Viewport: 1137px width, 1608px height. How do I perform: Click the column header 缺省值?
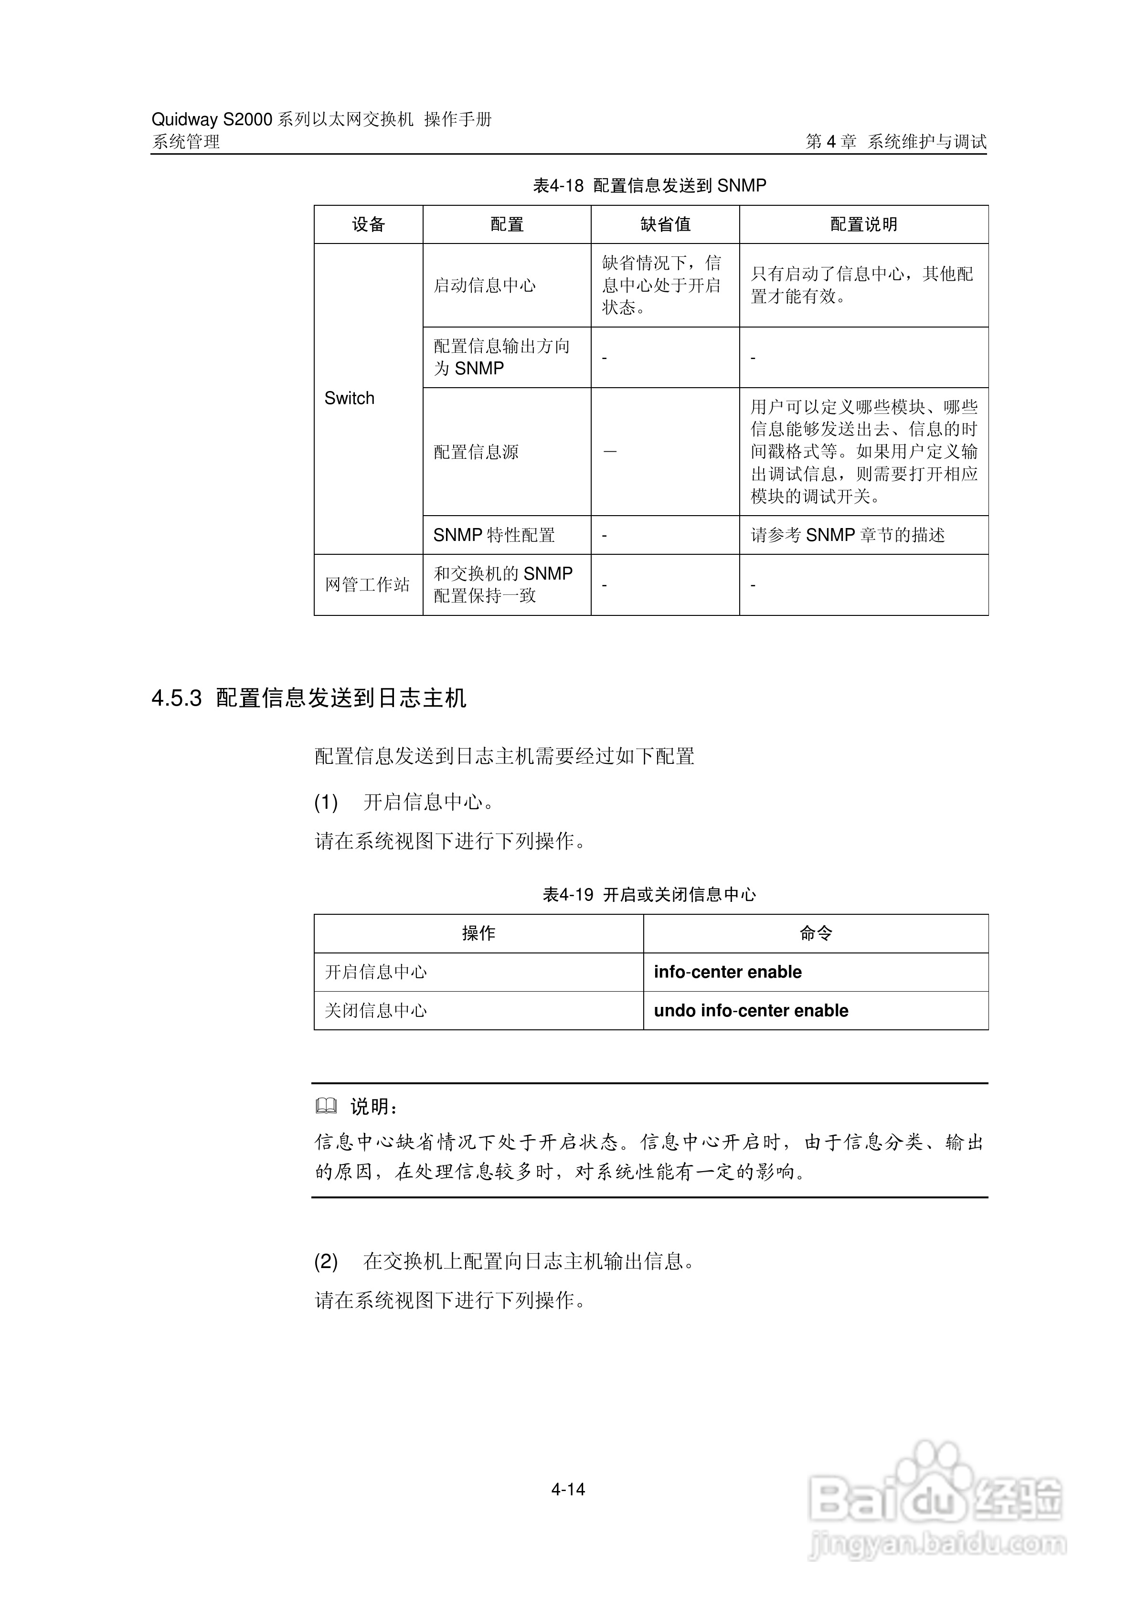(665, 224)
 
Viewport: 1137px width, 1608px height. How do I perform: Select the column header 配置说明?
(863, 224)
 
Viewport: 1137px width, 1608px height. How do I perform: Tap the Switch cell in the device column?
(349, 398)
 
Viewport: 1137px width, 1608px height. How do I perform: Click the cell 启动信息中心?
(484, 285)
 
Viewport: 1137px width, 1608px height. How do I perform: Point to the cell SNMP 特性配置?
(493, 535)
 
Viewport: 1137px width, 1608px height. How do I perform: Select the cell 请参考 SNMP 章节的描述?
(847, 535)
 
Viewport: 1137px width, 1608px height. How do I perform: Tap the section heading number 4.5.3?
(177, 698)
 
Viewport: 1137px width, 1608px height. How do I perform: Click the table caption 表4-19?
(567, 894)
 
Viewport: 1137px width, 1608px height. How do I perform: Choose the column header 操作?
(478, 933)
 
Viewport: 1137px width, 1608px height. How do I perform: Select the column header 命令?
(816, 933)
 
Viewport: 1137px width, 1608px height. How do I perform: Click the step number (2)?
(326, 1261)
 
